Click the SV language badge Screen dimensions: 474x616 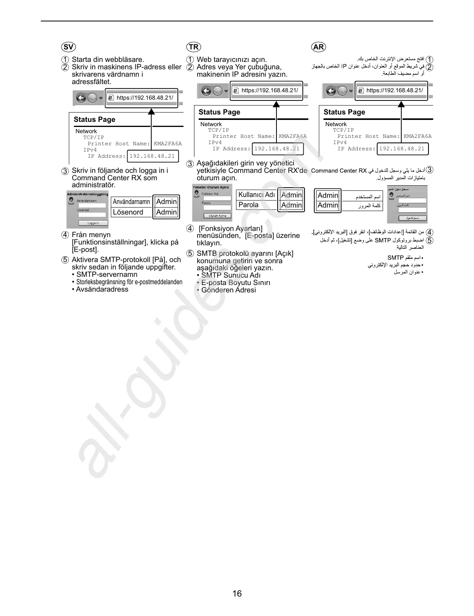coord(68,47)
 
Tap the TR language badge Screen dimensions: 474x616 coord(193,47)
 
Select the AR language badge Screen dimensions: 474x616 coord(318,47)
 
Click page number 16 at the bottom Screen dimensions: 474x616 coord(237,593)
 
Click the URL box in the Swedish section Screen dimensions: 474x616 coord(142,98)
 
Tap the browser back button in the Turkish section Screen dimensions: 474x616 coord(206,91)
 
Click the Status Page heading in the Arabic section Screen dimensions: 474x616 coord(344,112)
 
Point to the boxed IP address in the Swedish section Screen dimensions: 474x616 coord(152,156)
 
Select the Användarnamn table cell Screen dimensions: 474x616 coord(131,202)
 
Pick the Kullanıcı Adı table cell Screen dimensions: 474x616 coord(257,195)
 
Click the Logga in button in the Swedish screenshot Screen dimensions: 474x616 coord(93,223)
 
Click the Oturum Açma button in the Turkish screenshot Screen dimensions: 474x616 coord(217,216)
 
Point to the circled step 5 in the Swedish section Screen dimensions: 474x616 coord(65,260)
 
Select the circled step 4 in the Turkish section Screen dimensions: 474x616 coord(190,229)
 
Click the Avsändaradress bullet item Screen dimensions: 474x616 coord(102,289)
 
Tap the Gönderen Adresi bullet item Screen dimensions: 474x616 coord(228,290)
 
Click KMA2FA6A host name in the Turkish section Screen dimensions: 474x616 coord(293,136)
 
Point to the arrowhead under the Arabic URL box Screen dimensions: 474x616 coord(401,104)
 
